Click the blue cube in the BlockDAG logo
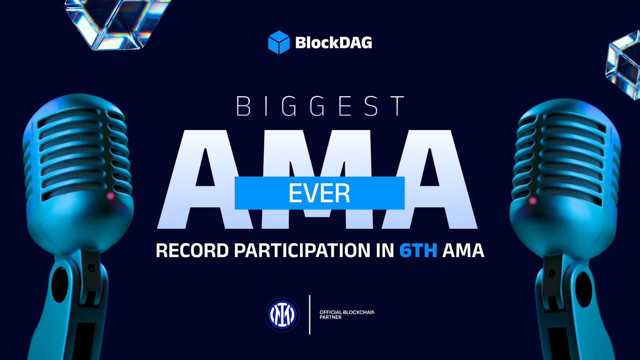(279, 42)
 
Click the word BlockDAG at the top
(334, 42)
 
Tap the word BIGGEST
(320, 106)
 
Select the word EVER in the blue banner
(320, 193)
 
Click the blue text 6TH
(418, 250)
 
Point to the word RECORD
(192, 250)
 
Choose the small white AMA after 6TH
(463, 250)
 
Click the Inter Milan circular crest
(282, 314)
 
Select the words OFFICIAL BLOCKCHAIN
(347, 312)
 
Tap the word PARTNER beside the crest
(330, 318)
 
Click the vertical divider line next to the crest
(310, 314)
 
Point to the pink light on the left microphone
(110, 196)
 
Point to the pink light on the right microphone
(532, 200)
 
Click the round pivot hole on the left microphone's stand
(60, 285)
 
